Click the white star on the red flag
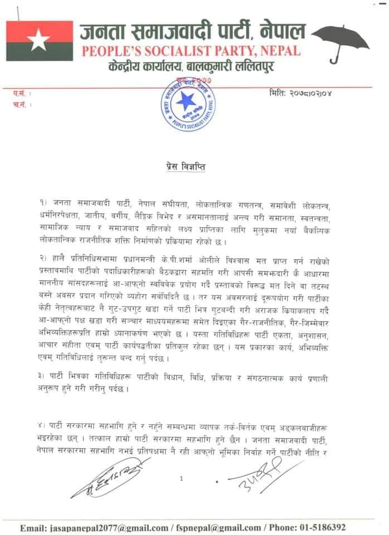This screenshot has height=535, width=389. click(x=38, y=40)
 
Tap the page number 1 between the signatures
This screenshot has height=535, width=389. click(x=181, y=478)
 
